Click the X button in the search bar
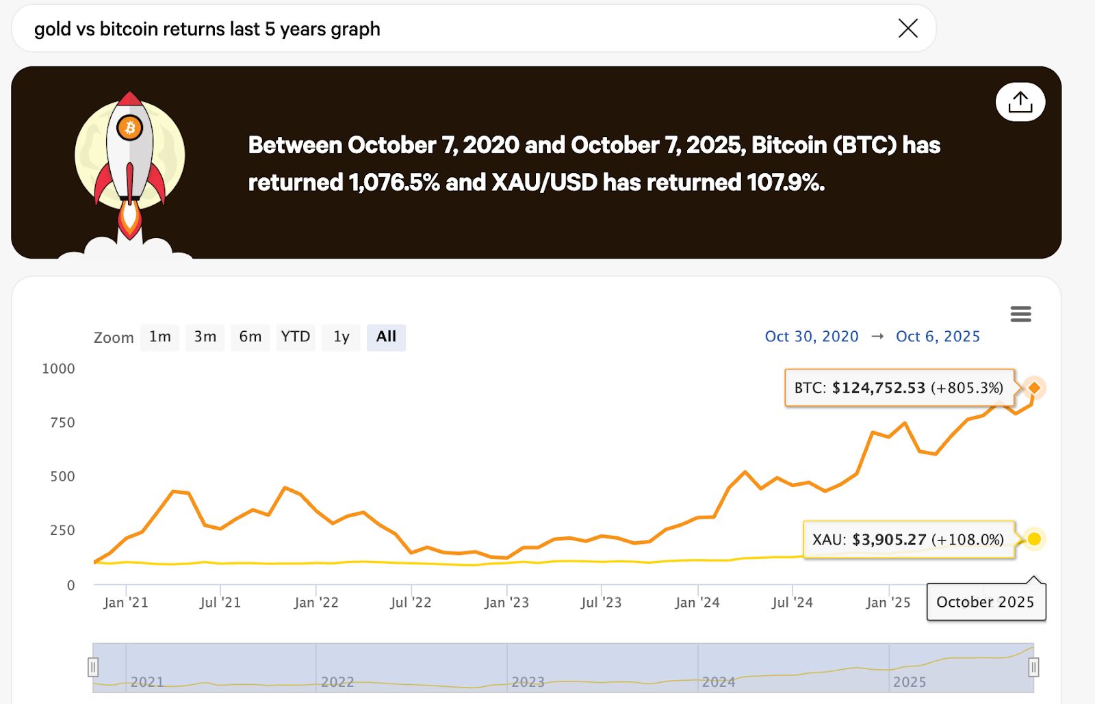(x=908, y=28)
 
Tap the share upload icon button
(x=1020, y=102)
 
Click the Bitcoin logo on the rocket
(x=129, y=127)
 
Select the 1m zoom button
(x=159, y=337)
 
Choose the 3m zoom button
(x=205, y=337)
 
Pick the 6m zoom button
(x=250, y=337)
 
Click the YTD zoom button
(x=295, y=337)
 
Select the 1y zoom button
(x=341, y=337)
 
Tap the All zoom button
(x=386, y=337)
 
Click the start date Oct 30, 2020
(x=812, y=337)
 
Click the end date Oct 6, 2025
(x=938, y=337)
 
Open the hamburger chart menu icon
(x=1020, y=314)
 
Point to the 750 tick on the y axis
(x=62, y=423)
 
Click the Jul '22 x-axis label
(x=411, y=603)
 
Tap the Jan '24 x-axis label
(x=697, y=603)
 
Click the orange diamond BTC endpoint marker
(x=1035, y=388)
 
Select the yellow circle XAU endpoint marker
(x=1034, y=539)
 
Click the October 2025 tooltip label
(x=985, y=602)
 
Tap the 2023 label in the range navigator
(x=528, y=682)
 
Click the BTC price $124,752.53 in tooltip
(x=878, y=388)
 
